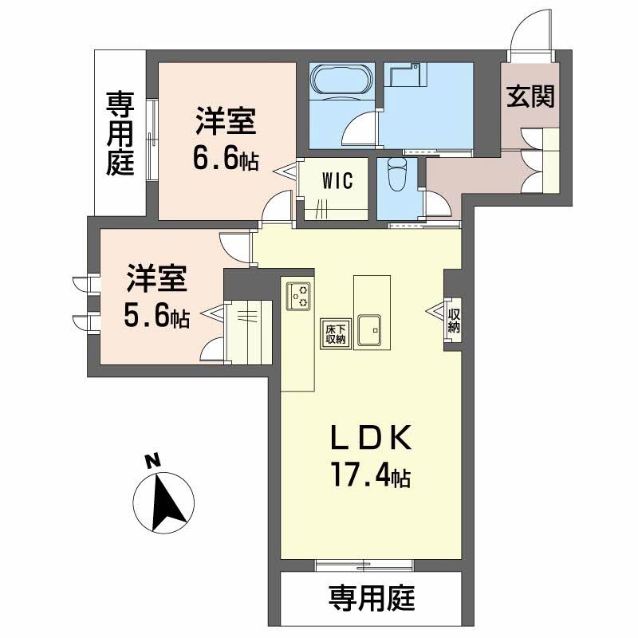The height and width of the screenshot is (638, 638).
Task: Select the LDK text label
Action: pyautogui.click(x=372, y=439)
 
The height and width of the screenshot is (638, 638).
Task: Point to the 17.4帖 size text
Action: pyautogui.click(x=371, y=478)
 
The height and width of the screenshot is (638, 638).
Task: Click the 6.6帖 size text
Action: pyautogui.click(x=226, y=159)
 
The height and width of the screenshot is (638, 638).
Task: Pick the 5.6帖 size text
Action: pyautogui.click(x=156, y=317)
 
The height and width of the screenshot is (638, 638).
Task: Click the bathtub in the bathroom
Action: pyautogui.click(x=341, y=81)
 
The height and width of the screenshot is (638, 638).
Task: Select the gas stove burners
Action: pyautogui.click(x=299, y=296)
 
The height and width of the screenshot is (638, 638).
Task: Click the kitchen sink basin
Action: pyautogui.click(x=372, y=329)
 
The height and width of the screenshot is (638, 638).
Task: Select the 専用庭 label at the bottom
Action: pyautogui.click(x=372, y=597)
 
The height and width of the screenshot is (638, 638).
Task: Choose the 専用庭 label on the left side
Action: pyautogui.click(x=120, y=133)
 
